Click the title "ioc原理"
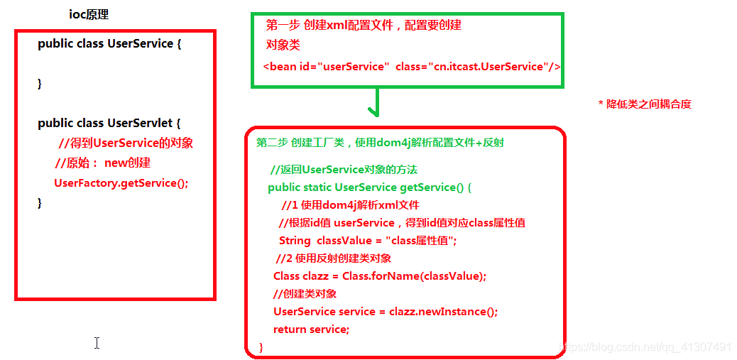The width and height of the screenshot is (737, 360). (x=89, y=14)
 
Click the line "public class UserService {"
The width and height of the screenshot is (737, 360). (x=110, y=44)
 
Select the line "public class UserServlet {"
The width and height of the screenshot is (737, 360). (x=109, y=124)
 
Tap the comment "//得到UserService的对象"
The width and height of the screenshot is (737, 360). (x=126, y=143)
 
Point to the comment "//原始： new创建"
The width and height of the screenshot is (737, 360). (x=103, y=163)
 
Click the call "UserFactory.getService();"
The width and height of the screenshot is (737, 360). (x=121, y=183)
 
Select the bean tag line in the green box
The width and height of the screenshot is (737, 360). (x=412, y=67)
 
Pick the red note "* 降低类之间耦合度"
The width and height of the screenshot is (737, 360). (x=645, y=104)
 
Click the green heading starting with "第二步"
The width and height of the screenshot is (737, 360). (x=380, y=143)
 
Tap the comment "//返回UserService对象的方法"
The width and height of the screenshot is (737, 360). (x=344, y=170)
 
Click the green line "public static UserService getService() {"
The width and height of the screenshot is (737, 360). (x=369, y=187)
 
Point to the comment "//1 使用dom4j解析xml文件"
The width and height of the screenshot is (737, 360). (x=351, y=205)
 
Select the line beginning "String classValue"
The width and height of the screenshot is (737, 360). (x=368, y=241)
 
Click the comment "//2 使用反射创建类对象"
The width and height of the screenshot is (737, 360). (x=334, y=258)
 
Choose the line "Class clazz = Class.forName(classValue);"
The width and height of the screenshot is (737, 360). (x=380, y=276)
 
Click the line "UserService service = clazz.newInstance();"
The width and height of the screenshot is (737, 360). (x=386, y=312)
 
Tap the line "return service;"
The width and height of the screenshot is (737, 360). (x=311, y=329)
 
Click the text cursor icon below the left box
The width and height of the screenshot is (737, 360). (x=97, y=344)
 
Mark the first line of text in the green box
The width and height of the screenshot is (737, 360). (x=364, y=26)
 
